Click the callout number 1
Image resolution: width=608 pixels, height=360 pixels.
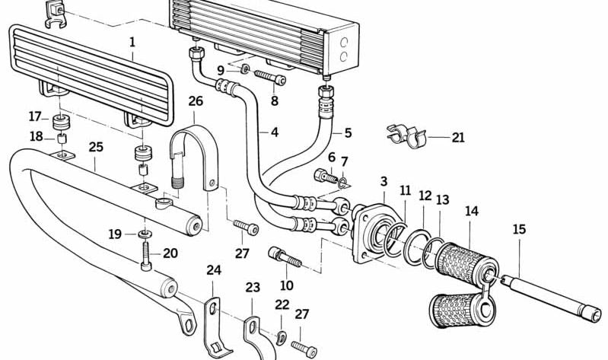pos(132,43)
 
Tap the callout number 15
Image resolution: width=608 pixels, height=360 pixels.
pos(519,229)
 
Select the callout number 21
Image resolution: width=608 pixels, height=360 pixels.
pos(458,138)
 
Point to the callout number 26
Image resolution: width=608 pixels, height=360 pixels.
pos(196,101)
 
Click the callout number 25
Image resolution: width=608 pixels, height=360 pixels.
pos(96,145)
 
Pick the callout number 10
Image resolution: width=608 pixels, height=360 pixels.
pos(286,285)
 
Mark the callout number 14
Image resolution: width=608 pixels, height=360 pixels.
pos(472,211)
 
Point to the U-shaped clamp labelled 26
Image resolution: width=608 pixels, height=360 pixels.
pos(194,156)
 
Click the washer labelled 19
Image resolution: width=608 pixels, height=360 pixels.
pos(145,235)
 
